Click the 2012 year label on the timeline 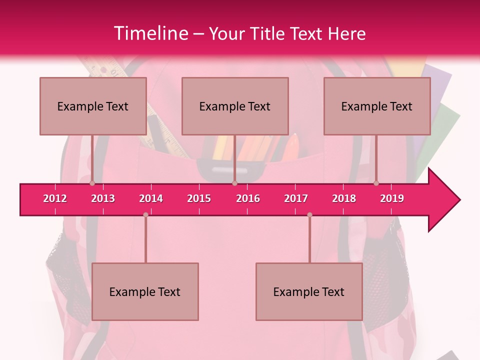coord(55,198)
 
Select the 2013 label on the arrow coord(103,198)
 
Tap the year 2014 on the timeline coord(151,198)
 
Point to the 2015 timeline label coord(199,198)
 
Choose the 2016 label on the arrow coord(248,198)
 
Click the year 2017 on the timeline coord(296,198)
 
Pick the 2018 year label coord(344,198)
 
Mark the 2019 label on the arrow coord(392,198)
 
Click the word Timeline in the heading coord(150,33)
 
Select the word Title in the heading coord(268,33)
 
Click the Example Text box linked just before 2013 coord(93,106)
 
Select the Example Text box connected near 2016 coord(235,106)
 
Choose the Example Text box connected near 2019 coord(377,106)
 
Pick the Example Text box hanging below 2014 coord(145,291)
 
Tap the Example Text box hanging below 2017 coord(309,291)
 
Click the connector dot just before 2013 coord(92,183)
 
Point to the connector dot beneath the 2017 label coord(309,214)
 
